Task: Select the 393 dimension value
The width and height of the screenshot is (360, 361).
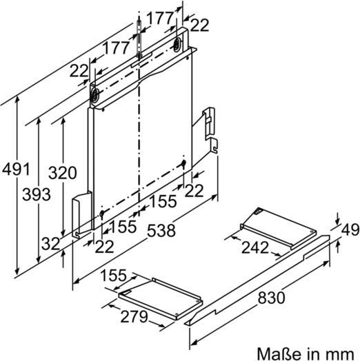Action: tap(36, 195)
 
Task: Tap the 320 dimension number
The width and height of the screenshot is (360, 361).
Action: tap(62, 173)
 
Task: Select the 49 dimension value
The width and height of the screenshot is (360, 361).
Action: tap(350, 230)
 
